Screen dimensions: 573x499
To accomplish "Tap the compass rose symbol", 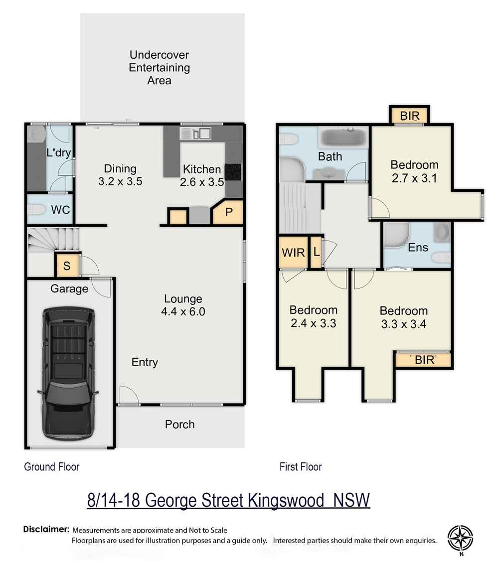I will coord(461,538).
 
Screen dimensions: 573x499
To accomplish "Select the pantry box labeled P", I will coord(229,212).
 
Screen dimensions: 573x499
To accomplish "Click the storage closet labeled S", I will coord(67,266).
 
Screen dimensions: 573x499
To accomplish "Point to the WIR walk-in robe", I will coord(293,252).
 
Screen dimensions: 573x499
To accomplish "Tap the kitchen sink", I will coord(197,133).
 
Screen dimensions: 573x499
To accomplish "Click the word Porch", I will coord(180,425).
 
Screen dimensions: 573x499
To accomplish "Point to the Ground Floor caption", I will coord(52,467).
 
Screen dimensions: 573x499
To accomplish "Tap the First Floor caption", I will coord(301,467).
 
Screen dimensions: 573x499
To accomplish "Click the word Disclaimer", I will coord(45,529).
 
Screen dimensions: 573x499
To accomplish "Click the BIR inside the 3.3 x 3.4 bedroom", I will coord(424,360).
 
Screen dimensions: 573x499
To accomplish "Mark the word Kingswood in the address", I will coord(285,500).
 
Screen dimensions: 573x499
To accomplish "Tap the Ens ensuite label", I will coord(418,248).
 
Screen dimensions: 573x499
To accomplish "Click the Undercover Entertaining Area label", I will coord(159,67).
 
